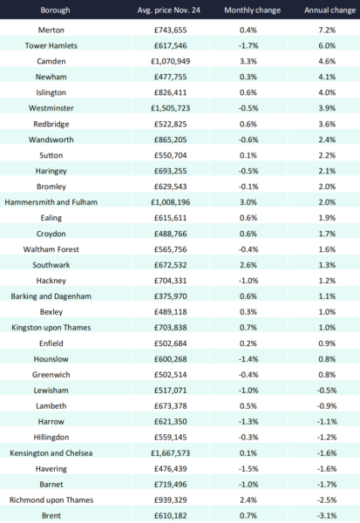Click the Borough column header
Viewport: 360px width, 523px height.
[56, 10]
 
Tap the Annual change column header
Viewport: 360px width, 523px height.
[330, 10]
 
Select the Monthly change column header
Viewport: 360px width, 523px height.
[252, 10]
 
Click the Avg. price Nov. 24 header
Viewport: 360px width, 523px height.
[169, 10]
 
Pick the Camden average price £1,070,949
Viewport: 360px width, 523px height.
[171, 61]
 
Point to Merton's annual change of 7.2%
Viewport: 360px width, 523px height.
[327, 30]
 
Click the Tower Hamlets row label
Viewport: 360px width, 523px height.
[51, 45]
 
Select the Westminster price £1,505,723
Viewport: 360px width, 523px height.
[171, 108]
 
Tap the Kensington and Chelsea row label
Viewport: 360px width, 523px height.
[51, 453]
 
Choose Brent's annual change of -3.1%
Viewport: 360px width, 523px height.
[327, 516]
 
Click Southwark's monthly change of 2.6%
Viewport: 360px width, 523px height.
[248, 265]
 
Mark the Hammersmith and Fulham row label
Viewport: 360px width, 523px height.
[51, 202]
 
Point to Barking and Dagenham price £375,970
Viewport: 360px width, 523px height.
[171, 296]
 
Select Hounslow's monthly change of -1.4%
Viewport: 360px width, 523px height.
[248, 359]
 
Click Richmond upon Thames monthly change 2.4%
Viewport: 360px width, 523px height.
[248, 500]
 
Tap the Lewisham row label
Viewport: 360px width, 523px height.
[51, 391]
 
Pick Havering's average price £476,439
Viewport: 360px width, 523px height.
[171, 469]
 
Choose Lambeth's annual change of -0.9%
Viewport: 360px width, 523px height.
[327, 406]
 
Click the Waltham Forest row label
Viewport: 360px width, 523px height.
[51, 249]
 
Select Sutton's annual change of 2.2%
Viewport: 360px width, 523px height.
[327, 155]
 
